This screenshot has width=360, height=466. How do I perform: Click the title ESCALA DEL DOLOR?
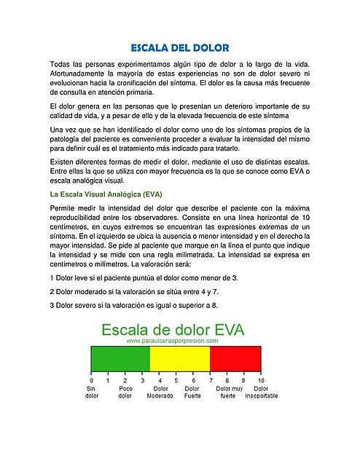coord(180,47)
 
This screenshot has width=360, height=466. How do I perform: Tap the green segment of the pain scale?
coord(120,360)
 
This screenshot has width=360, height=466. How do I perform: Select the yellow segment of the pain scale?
coord(179,360)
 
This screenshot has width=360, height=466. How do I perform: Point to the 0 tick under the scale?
coord(91,380)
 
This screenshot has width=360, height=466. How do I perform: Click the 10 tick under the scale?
coord(261,380)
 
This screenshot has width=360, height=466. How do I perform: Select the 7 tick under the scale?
coord(210,380)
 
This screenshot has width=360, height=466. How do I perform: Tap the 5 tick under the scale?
coord(176,380)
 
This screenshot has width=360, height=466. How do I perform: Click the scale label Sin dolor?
coord(92,392)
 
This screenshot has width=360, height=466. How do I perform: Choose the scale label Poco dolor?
coord(125,392)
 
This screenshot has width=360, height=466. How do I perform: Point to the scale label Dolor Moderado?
coord(160,392)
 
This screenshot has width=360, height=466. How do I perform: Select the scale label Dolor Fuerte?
coord(192,392)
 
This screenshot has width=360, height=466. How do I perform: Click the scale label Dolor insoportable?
coord(262,392)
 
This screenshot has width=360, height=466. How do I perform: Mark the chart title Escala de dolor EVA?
coord(175,328)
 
